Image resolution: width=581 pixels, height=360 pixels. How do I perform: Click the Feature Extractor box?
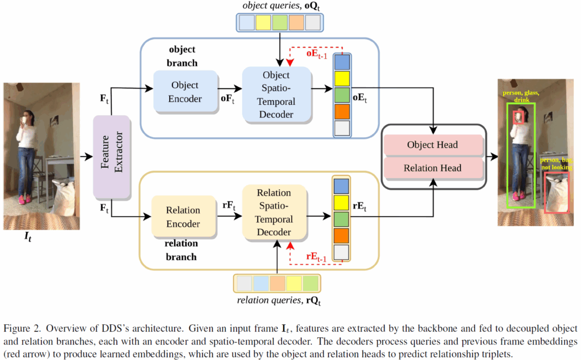click(x=112, y=154)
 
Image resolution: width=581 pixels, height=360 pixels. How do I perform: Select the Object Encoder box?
click(x=185, y=91)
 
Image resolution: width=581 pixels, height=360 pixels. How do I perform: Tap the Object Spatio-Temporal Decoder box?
click(x=276, y=95)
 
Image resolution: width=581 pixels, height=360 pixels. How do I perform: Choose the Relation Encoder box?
click(x=183, y=217)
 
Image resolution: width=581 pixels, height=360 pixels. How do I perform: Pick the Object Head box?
click(x=432, y=145)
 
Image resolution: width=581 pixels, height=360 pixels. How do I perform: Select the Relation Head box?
click(x=432, y=168)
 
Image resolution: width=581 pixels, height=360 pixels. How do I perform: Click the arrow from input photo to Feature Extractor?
click(x=86, y=154)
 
